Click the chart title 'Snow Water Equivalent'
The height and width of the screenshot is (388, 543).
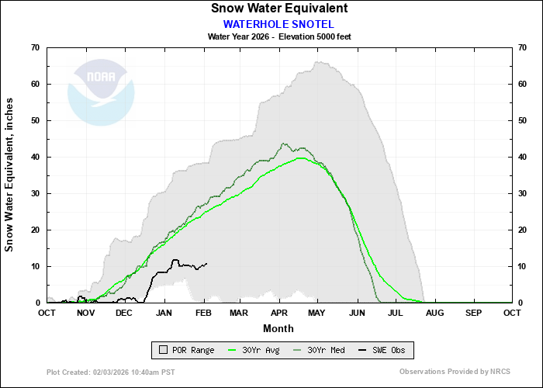(x=279, y=8)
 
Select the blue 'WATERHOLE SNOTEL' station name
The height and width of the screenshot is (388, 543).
(x=279, y=23)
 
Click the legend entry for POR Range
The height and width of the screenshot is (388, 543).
(x=186, y=350)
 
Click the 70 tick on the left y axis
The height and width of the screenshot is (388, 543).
(x=35, y=47)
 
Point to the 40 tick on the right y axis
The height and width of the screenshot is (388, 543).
(x=523, y=157)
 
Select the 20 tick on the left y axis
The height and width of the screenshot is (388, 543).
(x=35, y=230)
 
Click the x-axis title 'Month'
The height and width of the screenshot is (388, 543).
(x=279, y=327)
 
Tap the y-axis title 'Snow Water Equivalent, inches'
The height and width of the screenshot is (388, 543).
(x=10, y=175)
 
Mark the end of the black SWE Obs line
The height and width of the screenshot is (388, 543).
(x=207, y=263)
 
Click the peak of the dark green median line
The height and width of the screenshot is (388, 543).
(x=284, y=144)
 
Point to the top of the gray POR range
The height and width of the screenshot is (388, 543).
(x=316, y=62)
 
